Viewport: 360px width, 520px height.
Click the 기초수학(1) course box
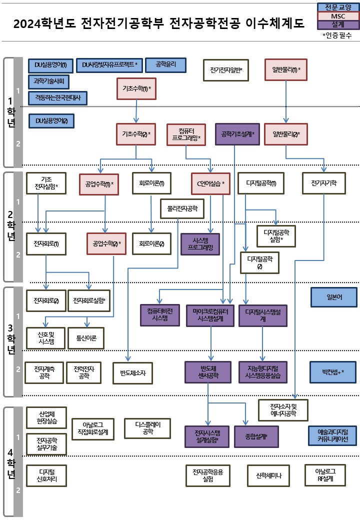[x=136, y=89]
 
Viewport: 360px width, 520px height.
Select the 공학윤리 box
[x=165, y=64]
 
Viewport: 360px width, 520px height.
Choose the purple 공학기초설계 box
[x=237, y=134]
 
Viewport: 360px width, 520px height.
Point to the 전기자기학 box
[x=323, y=183]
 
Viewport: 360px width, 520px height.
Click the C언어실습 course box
[x=210, y=183]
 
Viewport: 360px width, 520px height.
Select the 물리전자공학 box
[x=182, y=208]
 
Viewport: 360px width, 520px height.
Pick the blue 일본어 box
[x=334, y=296]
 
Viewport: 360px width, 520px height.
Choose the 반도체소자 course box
[x=132, y=372]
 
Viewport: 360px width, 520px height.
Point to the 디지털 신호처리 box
[x=46, y=475]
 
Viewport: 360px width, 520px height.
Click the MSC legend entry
[x=338, y=16]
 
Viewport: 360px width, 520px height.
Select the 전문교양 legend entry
[x=338, y=7]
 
